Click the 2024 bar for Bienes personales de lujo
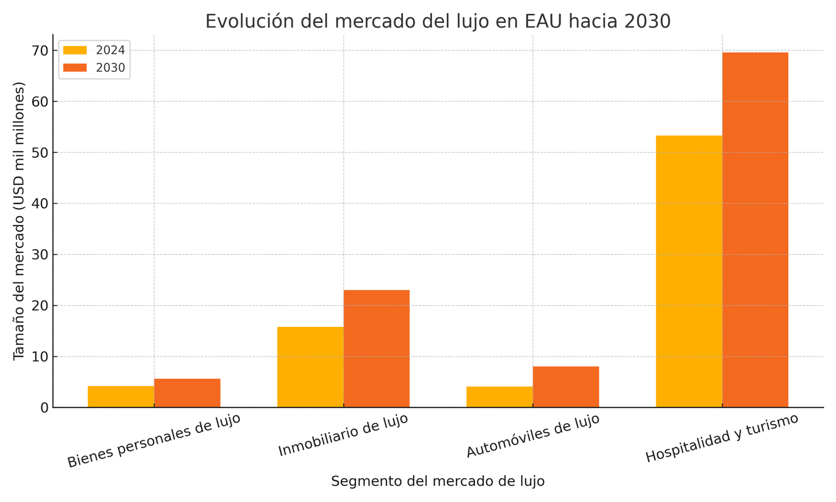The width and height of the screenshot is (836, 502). [x=121, y=396]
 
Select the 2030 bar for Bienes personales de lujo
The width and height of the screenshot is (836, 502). [x=187, y=393]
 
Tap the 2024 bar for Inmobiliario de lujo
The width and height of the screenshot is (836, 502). [x=310, y=367]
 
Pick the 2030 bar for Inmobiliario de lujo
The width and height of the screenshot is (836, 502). [x=377, y=349]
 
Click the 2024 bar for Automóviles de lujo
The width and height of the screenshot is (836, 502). [x=500, y=397]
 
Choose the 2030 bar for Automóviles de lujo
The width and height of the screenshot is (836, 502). [x=566, y=387]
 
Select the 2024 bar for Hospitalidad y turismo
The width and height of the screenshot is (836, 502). [x=689, y=271]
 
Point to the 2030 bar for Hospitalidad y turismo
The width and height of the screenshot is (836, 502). [x=756, y=230]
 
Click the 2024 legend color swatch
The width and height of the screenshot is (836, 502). [x=75, y=50]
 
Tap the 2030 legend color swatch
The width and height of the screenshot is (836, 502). [x=75, y=68]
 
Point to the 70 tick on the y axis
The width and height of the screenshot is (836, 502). [x=42, y=51]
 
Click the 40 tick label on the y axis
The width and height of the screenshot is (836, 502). [x=42, y=203]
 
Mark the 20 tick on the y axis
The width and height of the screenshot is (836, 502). [x=42, y=305]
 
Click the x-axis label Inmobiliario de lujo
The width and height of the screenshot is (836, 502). [x=343, y=435]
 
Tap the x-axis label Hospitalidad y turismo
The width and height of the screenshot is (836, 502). [x=722, y=438]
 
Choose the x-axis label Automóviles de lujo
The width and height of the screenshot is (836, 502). [x=532, y=436]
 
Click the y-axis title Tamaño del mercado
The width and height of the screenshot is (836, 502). [x=19, y=221]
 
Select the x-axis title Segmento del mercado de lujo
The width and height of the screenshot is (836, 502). [x=438, y=481]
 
